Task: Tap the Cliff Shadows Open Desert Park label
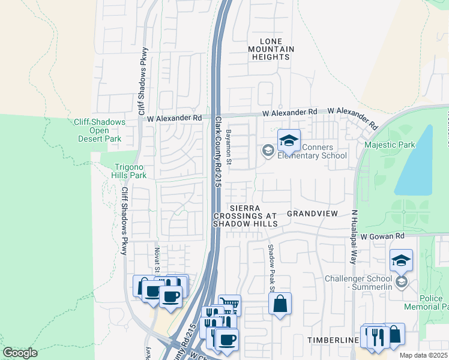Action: click(x=99, y=130)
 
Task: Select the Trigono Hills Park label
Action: click(x=130, y=172)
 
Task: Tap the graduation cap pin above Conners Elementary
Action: click(x=289, y=142)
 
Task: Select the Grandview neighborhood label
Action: click(x=313, y=214)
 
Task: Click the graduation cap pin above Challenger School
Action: click(x=401, y=261)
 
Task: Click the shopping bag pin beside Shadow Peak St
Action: click(x=280, y=305)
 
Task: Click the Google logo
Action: click(x=20, y=352)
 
